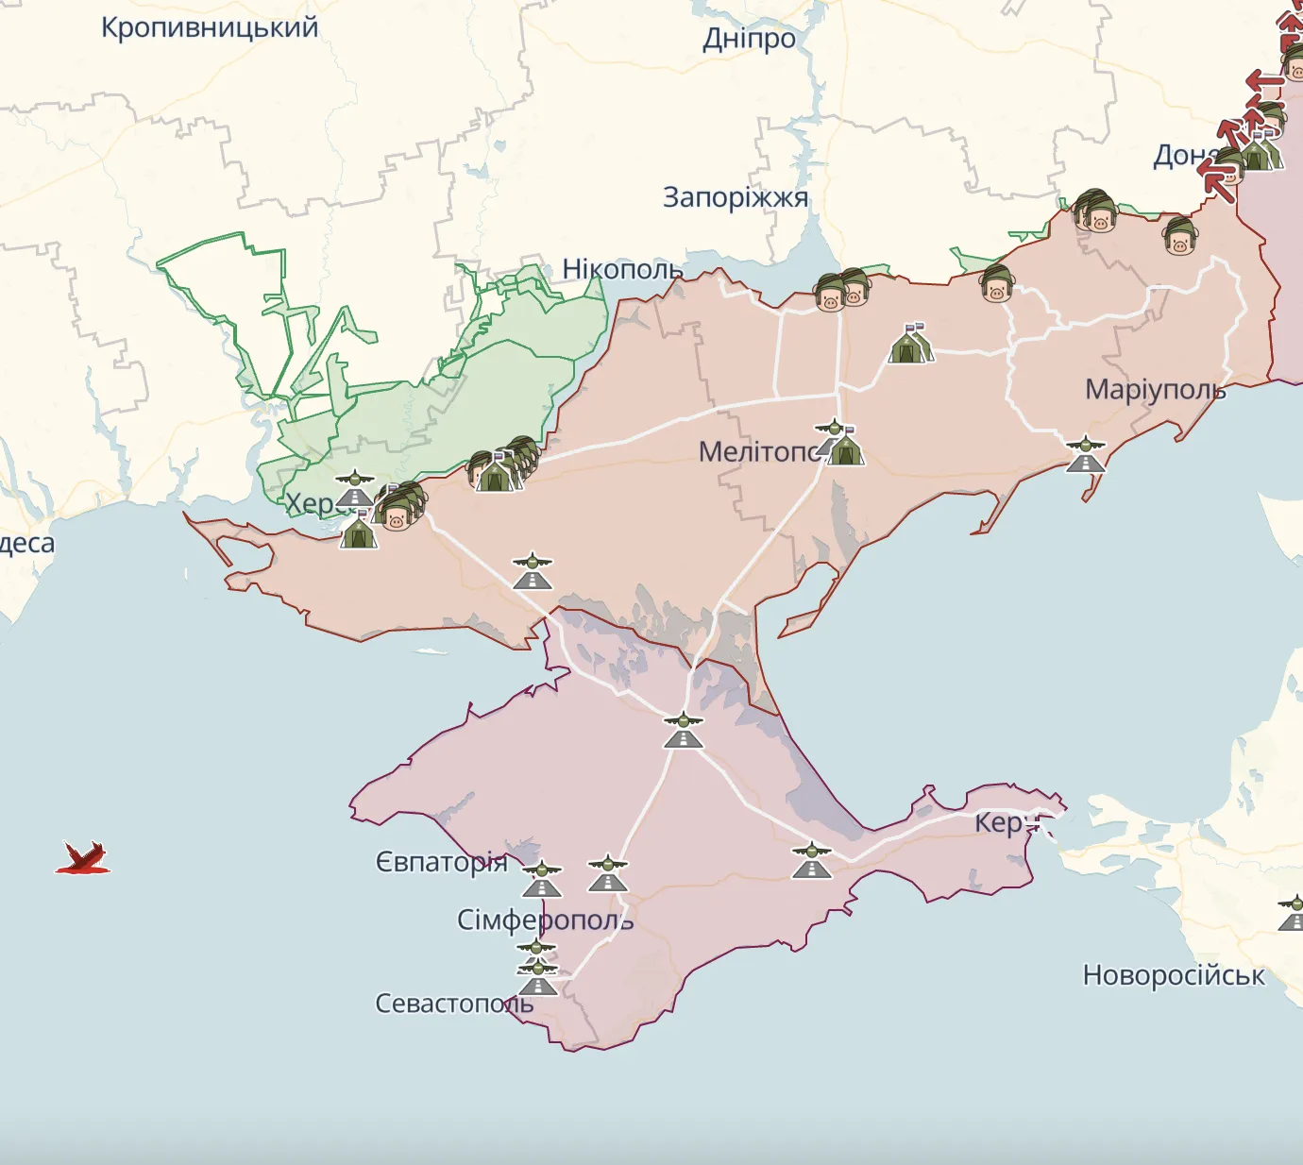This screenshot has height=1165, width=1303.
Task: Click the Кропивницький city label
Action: click(210, 27)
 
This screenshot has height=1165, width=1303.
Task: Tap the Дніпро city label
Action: click(749, 39)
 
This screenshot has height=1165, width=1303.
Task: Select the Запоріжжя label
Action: click(736, 197)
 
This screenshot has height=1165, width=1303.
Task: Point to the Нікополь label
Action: click(622, 269)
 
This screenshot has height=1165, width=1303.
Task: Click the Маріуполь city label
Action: click(1155, 389)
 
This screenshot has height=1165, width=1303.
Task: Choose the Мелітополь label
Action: click(760, 451)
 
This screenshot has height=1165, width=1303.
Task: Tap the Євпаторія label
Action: click(442, 862)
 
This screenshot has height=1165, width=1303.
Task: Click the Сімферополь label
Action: click(545, 920)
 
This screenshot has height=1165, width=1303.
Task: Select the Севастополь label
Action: click(454, 1003)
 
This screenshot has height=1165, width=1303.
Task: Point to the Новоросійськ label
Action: click(1174, 974)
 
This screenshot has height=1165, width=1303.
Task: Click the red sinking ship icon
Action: click(83, 858)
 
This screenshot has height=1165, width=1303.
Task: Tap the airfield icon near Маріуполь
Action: click(1086, 454)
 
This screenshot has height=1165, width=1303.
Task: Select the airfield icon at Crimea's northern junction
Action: click(683, 731)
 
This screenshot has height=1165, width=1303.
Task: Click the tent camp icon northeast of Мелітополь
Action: click(910, 345)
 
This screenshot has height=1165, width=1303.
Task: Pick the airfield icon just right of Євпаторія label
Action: click(542, 879)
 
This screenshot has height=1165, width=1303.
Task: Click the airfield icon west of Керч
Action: click(811, 860)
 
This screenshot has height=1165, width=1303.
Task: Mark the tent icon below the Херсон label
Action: click(358, 531)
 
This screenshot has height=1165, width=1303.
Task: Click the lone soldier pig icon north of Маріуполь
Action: click(1180, 236)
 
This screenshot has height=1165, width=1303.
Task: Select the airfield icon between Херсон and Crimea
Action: click(533, 571)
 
